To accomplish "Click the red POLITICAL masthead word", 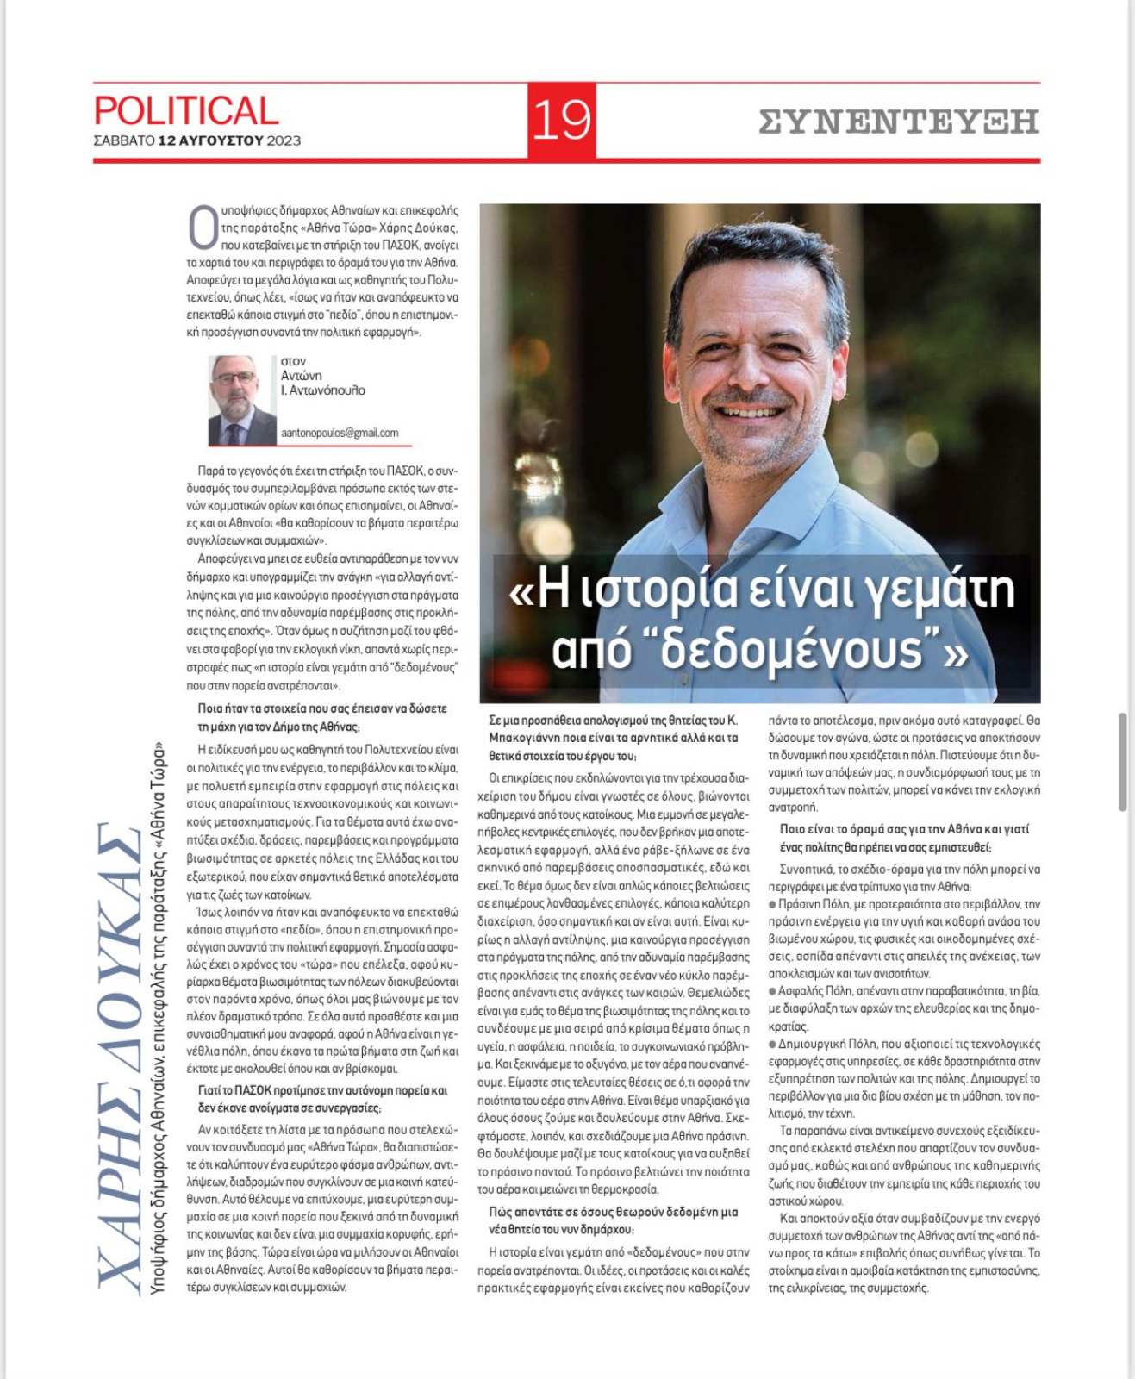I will point(186,111).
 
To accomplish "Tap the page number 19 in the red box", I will point(562,121).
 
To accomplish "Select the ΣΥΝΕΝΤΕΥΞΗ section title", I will point(899,122).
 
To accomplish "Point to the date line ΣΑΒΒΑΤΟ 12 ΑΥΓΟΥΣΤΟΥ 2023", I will point(197,140).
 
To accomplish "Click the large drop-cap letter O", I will point(203,226).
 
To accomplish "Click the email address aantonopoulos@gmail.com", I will point(340,433).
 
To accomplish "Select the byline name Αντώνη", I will point(301,376).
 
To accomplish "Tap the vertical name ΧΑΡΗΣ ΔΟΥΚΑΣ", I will point(118,1056).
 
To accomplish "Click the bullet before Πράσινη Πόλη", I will point(772,904).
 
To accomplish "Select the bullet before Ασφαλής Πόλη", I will point(772,991).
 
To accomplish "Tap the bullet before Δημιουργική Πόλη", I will point(772,1044).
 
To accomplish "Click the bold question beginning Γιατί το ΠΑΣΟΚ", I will point(322,1099).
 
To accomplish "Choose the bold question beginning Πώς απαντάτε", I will point(613,1220).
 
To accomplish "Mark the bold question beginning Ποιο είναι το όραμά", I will point(904,838).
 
